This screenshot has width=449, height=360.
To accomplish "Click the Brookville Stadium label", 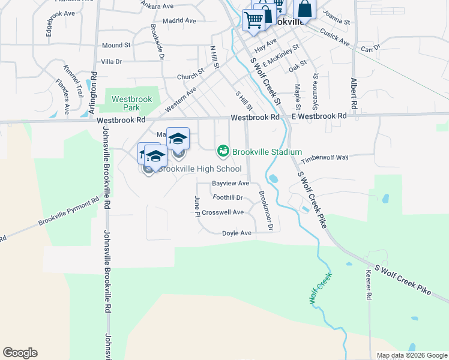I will click(x=267, y=152).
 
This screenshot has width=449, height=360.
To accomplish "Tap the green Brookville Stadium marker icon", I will click(x=223, y=151).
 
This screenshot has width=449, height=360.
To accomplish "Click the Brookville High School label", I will click(x=199, y=169).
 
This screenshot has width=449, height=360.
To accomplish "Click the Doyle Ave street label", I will click(x=237, y=233).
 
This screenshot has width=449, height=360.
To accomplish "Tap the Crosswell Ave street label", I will click(x=223, y=212).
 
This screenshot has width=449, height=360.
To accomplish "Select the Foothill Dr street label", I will click(x=228, y=197).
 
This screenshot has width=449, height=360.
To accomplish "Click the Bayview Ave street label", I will click(x=231, y=183).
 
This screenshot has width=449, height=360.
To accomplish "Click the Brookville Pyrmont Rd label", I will click(x=68, y=212).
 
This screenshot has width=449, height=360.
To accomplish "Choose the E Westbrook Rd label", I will click(x=319, y=115).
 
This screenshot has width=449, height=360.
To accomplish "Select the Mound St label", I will click(x=116, y=45).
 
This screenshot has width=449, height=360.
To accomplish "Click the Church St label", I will click(x=191, y=77).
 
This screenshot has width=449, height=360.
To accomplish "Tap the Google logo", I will click(x=20, y=353).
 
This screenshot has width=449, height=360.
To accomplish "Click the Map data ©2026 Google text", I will click(x=412, y=355).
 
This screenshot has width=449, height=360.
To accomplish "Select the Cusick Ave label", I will click(x=335, y=37).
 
